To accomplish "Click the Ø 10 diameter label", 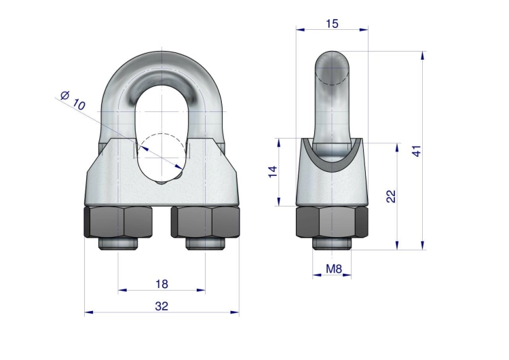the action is click(73, 101).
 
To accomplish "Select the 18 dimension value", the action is click(162, 284).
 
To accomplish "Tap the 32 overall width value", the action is click(162, 306).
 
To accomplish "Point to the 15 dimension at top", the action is click(332, 24).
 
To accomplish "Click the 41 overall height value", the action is click(417, 151).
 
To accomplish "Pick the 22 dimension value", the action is click(391, 196).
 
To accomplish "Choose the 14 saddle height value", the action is click(273, 172).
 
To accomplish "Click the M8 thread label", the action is click(334, 269).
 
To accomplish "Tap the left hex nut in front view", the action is click(118, 221).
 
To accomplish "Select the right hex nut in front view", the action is click(206, 221).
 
